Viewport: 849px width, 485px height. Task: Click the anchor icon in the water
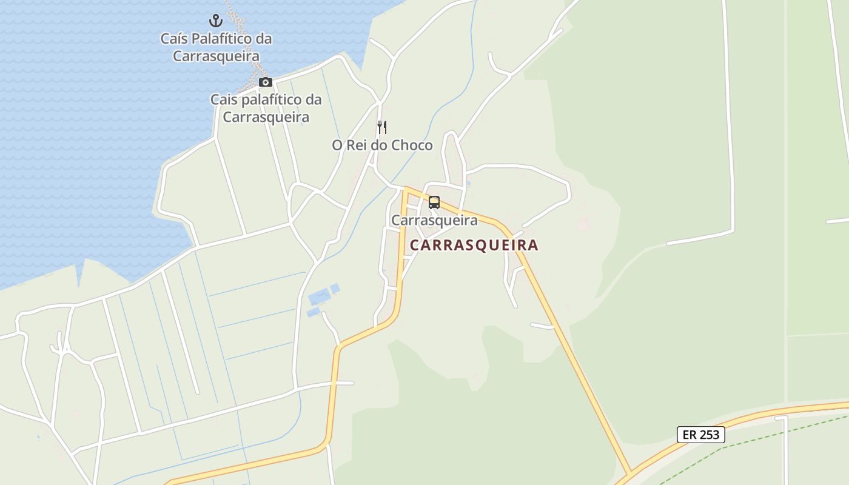[216, 21]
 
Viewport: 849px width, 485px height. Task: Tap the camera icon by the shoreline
[265, 82]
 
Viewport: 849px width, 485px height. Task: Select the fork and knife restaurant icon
[382, 127]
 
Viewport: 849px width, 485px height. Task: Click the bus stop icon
[434, 202]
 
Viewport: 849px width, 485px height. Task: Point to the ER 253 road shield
[700, 435]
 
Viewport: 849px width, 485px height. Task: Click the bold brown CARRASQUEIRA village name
[474, 245]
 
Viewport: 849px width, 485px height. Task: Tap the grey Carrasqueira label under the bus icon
[434, 220]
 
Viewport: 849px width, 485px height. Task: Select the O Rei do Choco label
[382, 145]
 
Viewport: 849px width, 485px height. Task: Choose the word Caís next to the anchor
[173, 39]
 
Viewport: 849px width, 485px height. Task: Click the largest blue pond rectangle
[320, 297]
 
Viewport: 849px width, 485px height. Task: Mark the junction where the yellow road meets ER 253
[631, 473]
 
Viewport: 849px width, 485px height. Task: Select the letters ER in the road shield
[690, 435]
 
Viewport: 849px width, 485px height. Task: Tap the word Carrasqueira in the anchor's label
[216, 56]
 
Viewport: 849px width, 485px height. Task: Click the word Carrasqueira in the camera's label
[266, 117]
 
